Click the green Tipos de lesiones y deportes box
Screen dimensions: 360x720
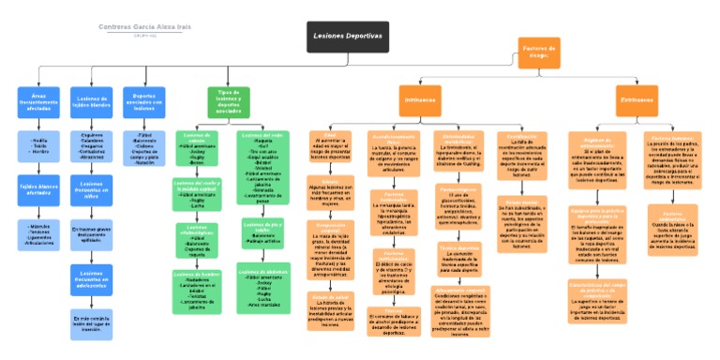coord(228,101)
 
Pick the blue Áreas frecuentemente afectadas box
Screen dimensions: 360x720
coord(38,101)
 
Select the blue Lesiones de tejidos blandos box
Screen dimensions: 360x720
coord(91,101)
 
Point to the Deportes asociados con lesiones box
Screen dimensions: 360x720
coord(143,101)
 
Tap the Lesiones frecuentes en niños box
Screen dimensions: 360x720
coord(91,190)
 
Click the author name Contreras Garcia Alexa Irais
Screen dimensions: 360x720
coord(144,27)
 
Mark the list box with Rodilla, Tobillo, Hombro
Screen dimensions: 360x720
coord(38,145)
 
